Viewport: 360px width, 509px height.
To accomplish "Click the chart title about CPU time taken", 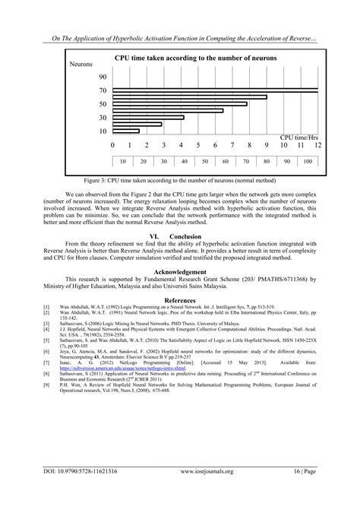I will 195,58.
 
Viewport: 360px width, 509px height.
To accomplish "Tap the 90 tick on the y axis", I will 103,77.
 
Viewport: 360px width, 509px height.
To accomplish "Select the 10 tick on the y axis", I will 103,131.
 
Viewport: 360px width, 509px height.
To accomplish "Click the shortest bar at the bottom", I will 126,131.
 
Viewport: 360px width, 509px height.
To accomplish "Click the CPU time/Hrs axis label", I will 298,136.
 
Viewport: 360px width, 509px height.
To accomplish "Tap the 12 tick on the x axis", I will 317,144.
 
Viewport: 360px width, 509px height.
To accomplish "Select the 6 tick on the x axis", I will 216,144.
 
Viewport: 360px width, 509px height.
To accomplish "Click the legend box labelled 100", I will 306,163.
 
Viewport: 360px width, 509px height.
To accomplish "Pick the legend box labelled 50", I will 204,163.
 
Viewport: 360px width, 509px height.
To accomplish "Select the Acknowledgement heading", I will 179,270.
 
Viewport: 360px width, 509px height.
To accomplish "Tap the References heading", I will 179,299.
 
